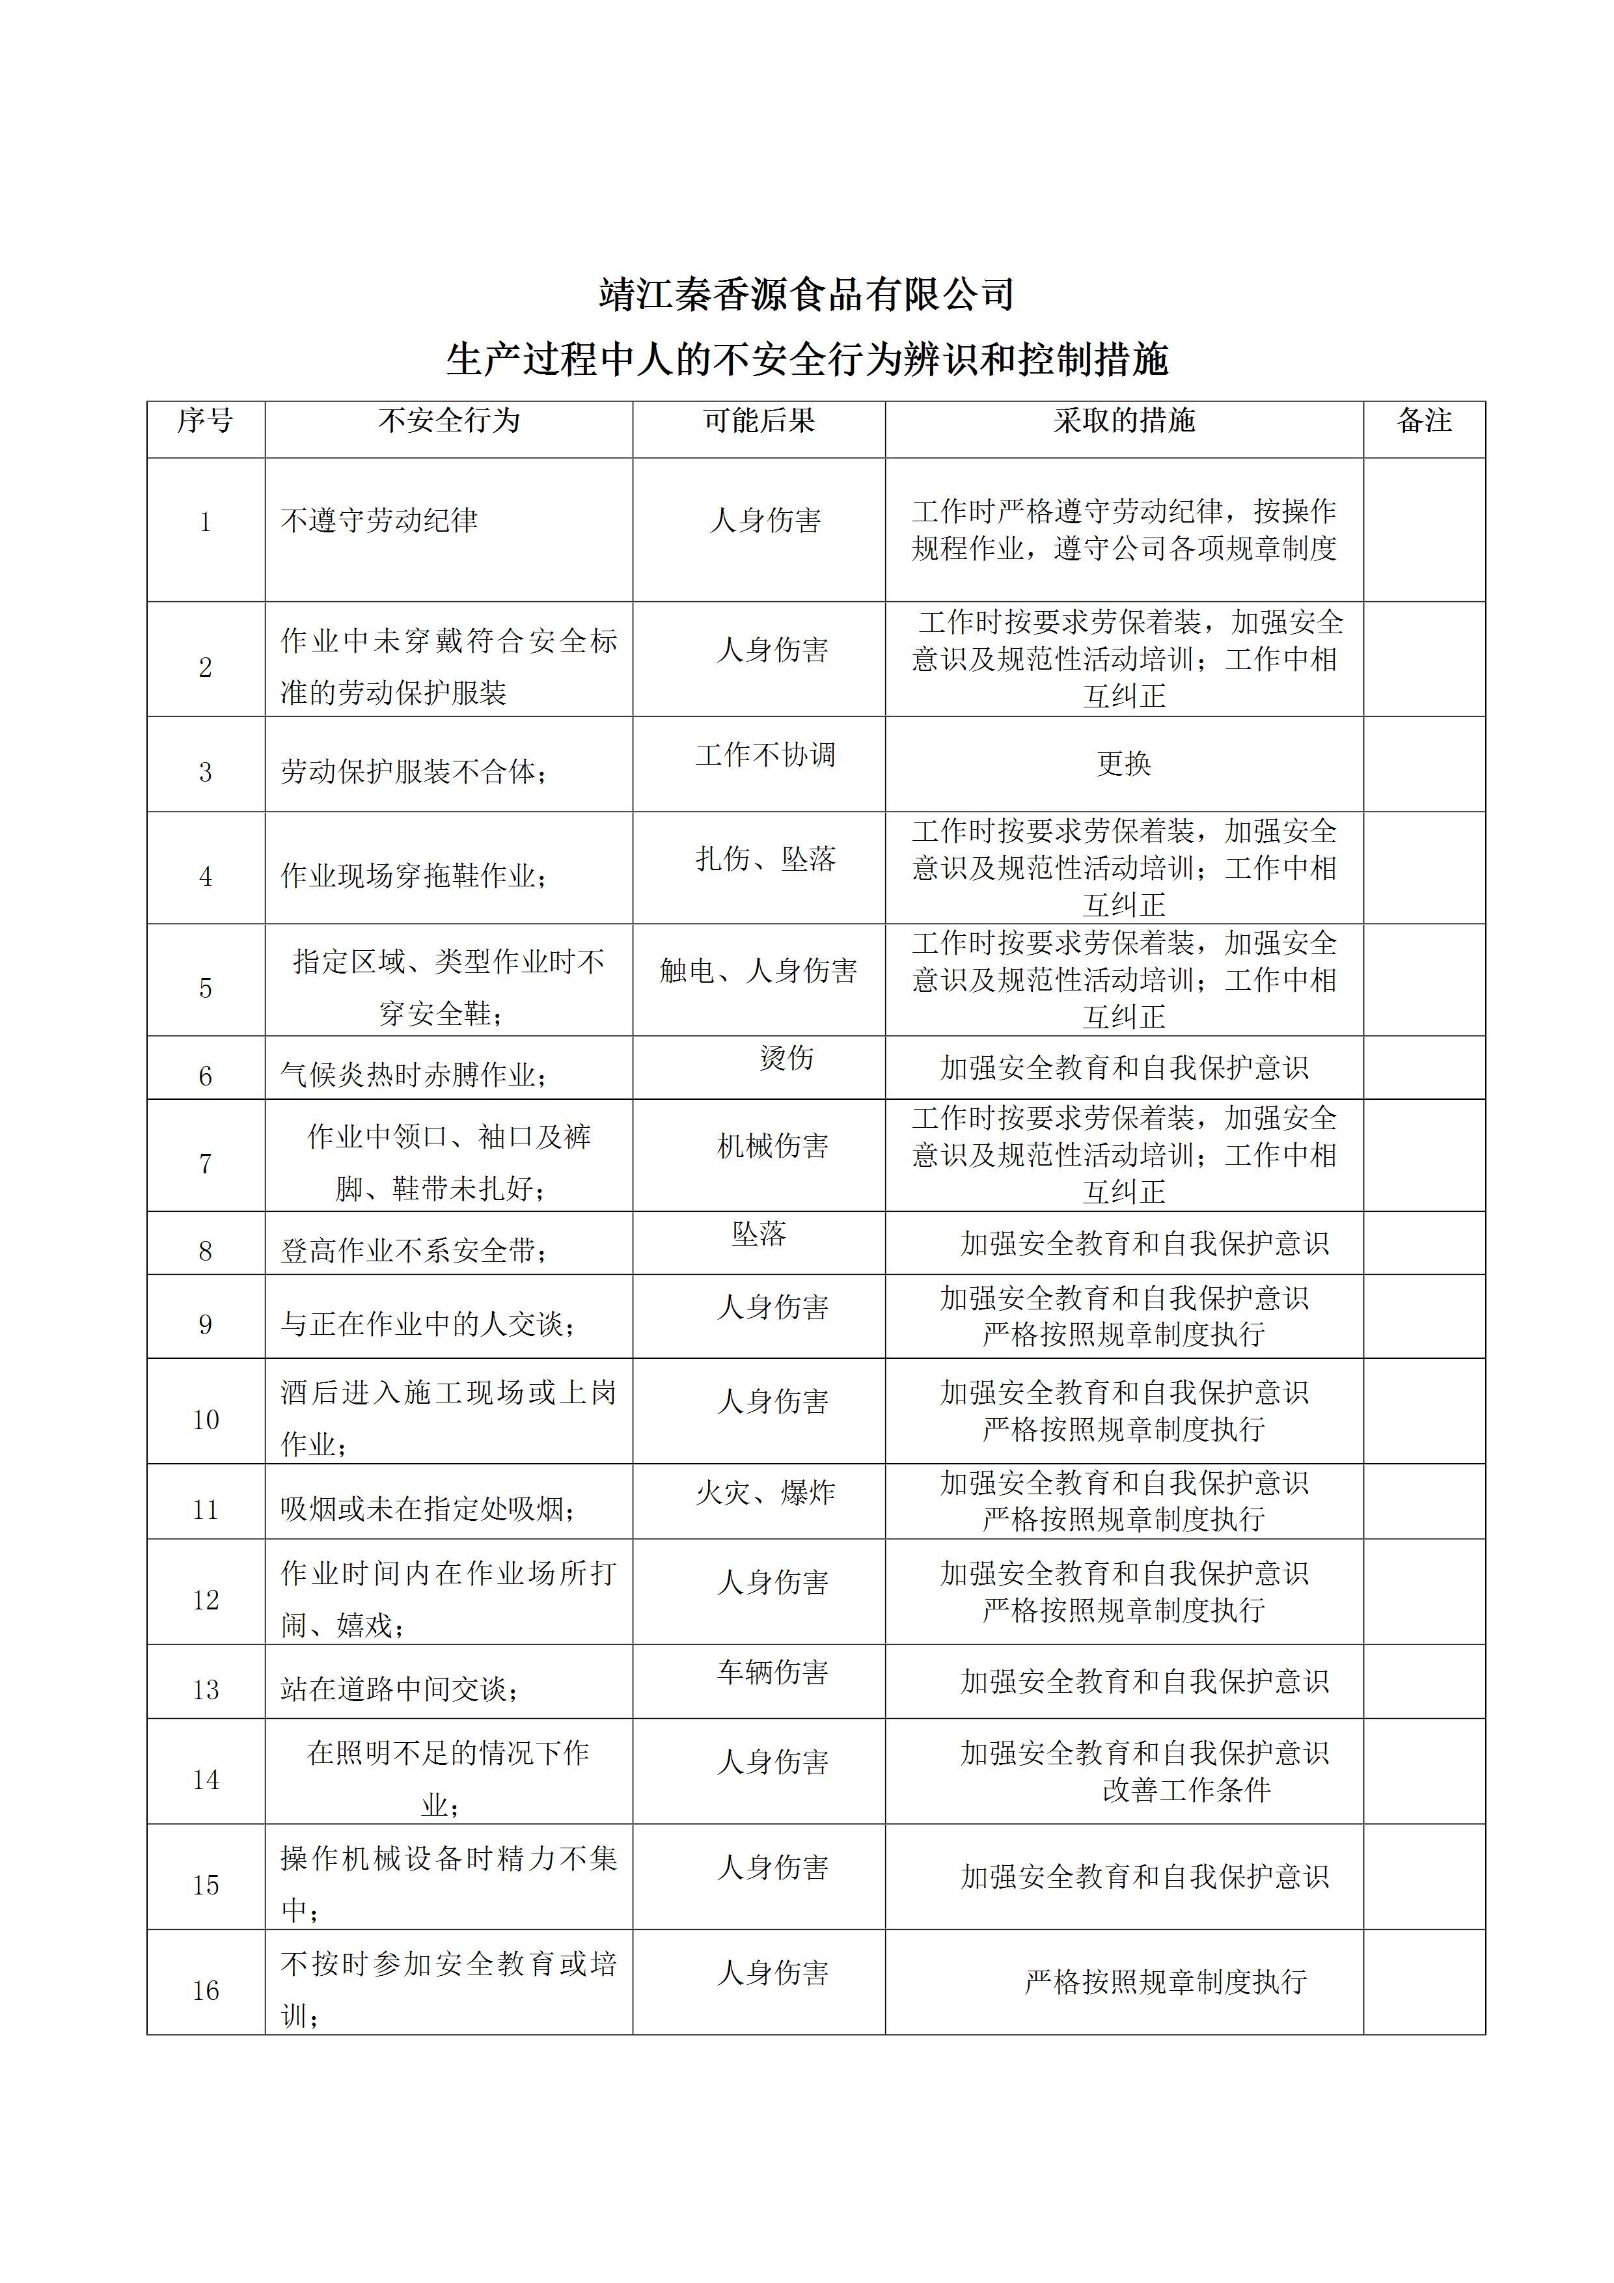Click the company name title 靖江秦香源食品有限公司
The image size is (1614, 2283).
(x=806, y=294)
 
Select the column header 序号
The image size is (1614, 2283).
(x=205, y=420)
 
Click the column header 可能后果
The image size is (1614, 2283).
(x=759, y=420)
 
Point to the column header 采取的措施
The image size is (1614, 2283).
(x=1124, y=420)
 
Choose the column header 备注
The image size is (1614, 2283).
(x=1424, y=420)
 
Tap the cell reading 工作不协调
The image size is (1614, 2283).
(x=765, y=756)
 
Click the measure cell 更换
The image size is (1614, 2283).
(x=1124, y=763)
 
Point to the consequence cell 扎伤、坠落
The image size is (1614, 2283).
(x=765, y=859)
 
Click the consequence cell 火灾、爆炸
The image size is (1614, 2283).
(x=765, y=1492)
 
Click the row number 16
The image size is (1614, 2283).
(x=205, y=1991)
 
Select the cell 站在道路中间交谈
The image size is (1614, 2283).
(x=399, y=1689)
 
